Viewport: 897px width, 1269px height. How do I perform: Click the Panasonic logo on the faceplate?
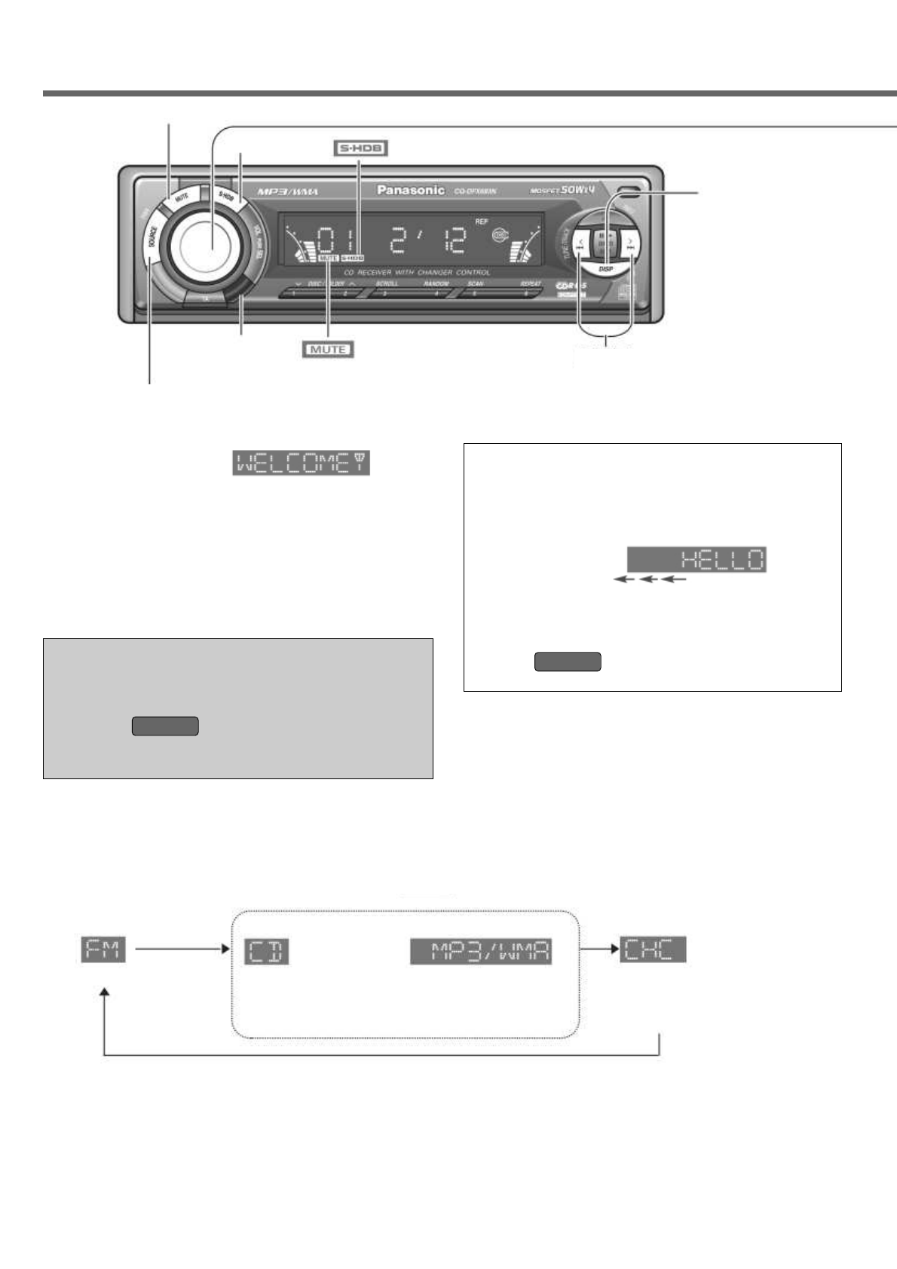point(410,190)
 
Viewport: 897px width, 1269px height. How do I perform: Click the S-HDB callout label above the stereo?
point(360,148)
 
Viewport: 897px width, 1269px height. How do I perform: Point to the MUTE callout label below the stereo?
point(328,350)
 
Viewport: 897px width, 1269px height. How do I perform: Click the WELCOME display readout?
point(301,463)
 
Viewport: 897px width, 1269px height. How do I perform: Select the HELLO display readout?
point(696,560)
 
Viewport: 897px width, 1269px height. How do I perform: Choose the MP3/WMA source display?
point(481,951)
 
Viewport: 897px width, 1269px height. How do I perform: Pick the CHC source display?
point(653,949)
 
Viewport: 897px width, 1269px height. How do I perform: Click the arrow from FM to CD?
point(181,949)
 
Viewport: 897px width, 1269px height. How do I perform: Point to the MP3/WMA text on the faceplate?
point(288,192)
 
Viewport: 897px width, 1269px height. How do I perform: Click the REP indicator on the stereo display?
point(481,222)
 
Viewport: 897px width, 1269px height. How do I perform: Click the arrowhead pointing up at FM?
point(104,995)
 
